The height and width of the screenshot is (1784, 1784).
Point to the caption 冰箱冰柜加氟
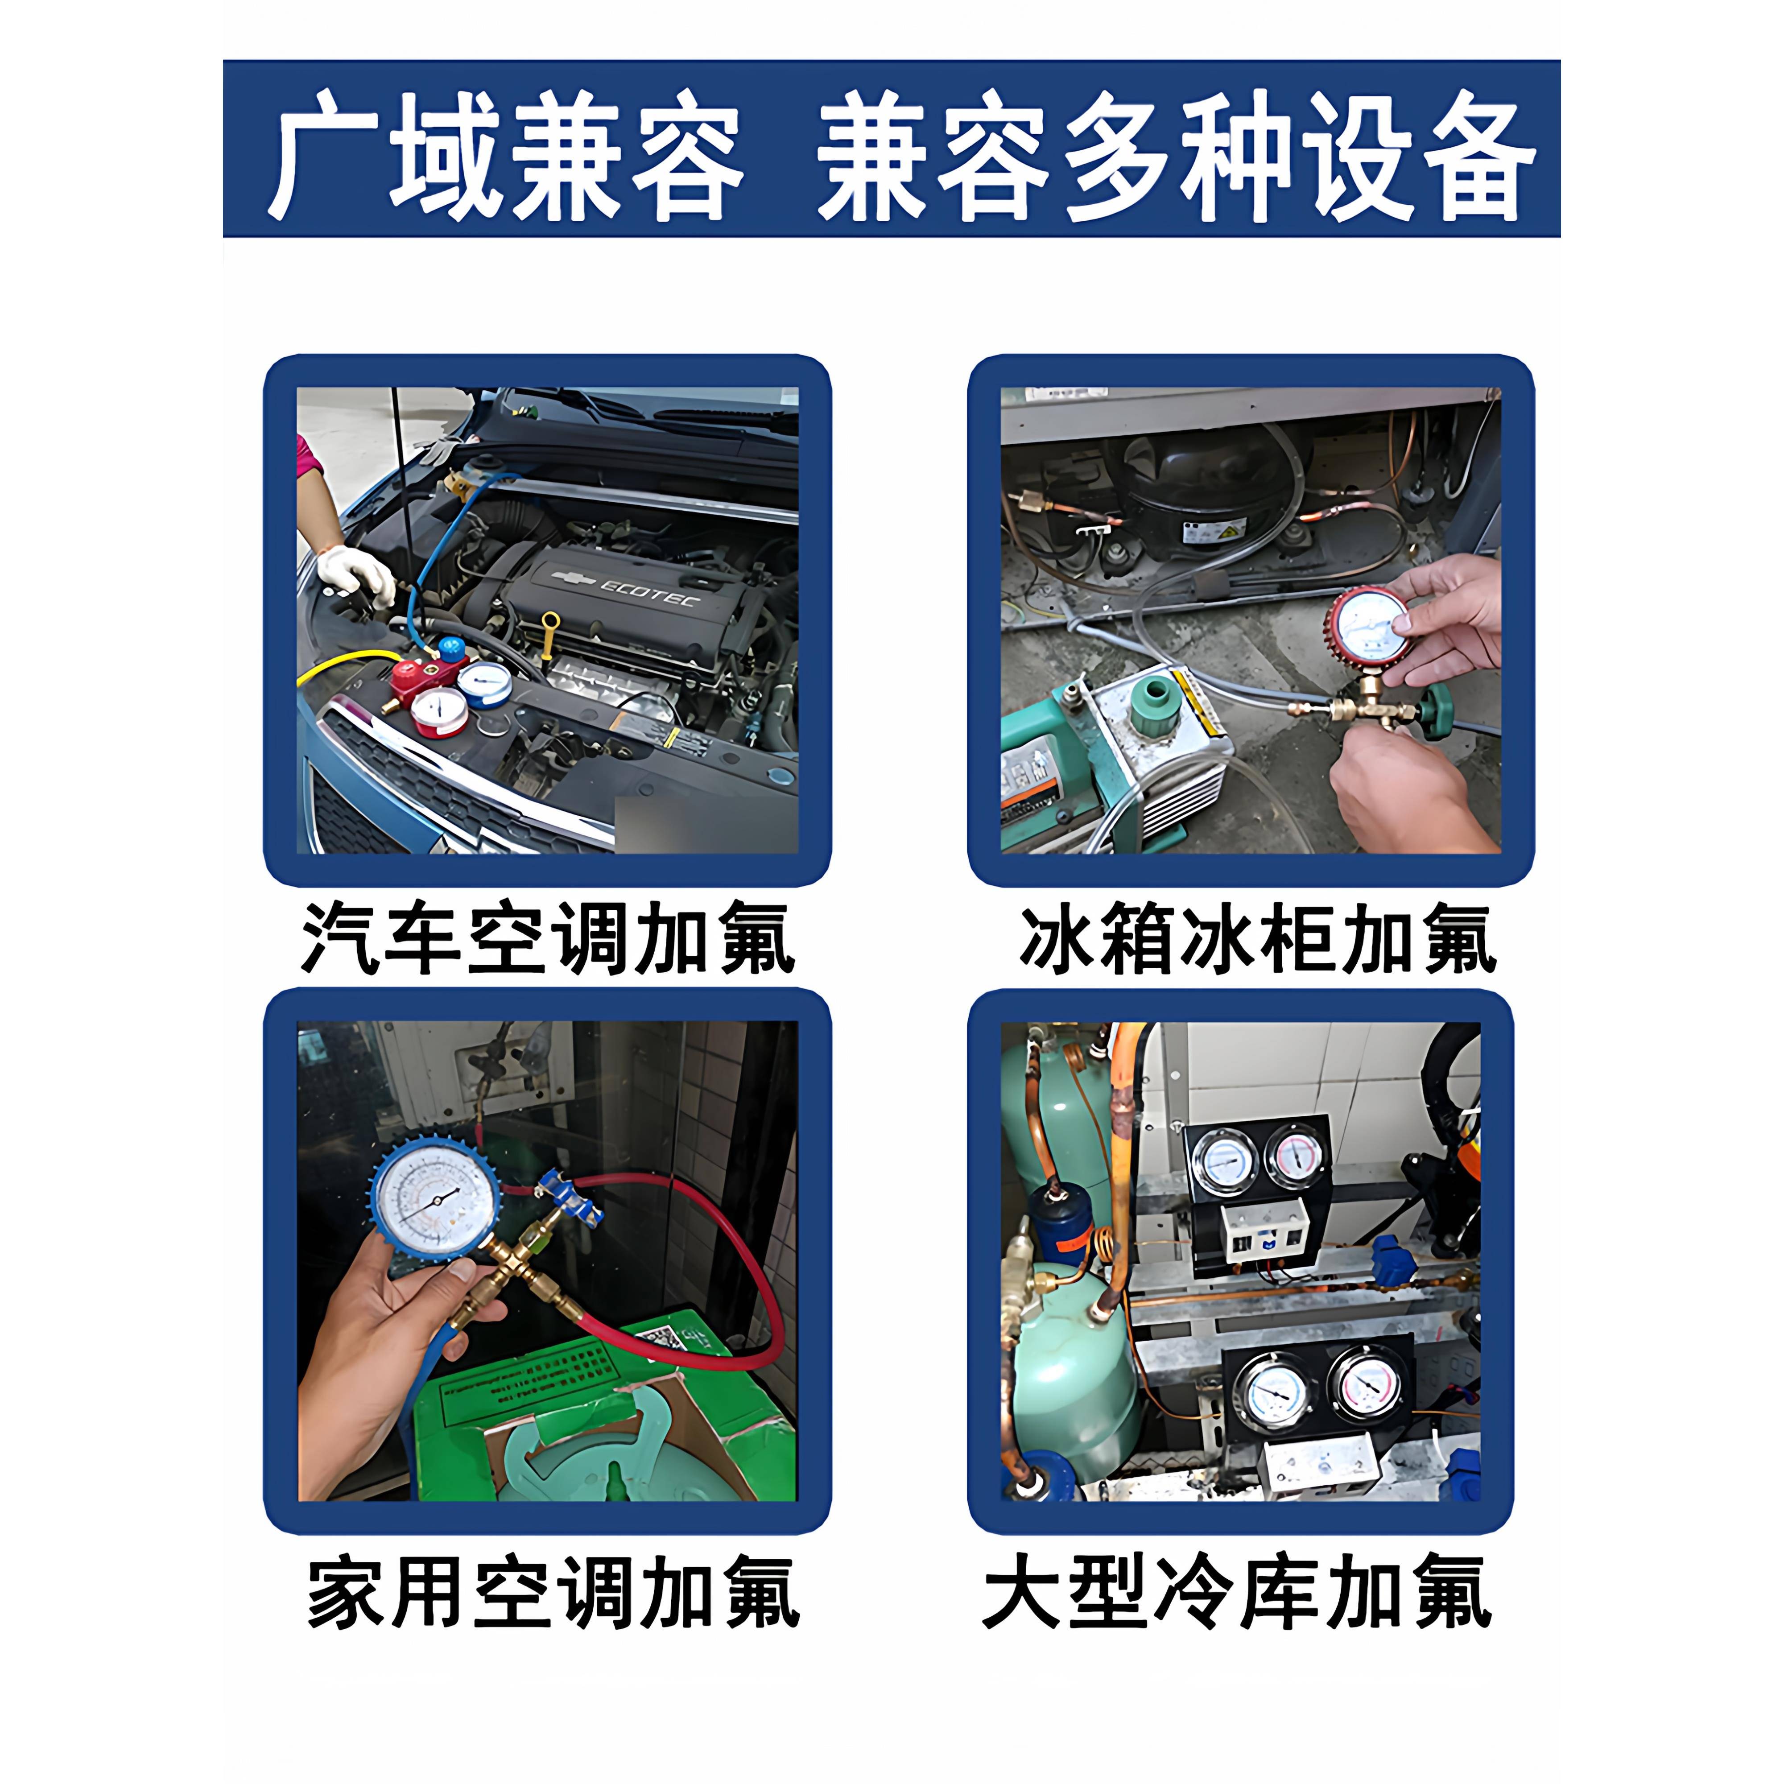coord(1258,940)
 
